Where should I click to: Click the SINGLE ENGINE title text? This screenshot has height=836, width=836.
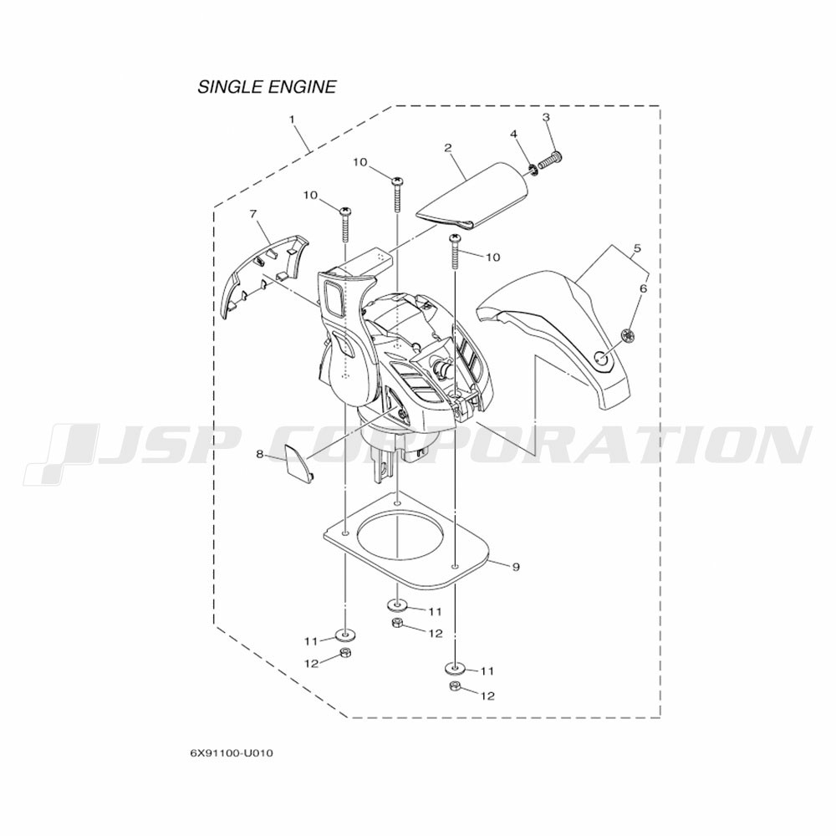point(267,87)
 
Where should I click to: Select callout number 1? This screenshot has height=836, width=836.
point(292,120)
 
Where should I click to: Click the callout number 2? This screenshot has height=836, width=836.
point(448,148)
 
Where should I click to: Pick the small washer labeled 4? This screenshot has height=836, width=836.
point(532,170)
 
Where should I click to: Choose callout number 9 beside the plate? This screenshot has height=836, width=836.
point(516,568)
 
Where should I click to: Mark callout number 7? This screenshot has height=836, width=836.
point(252,214)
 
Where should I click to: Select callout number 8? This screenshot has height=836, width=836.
point(260,454)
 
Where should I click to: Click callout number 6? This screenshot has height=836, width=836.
point(643,288)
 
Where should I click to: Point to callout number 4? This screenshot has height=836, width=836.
point(514,134)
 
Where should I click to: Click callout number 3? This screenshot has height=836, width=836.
point(546,117)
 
